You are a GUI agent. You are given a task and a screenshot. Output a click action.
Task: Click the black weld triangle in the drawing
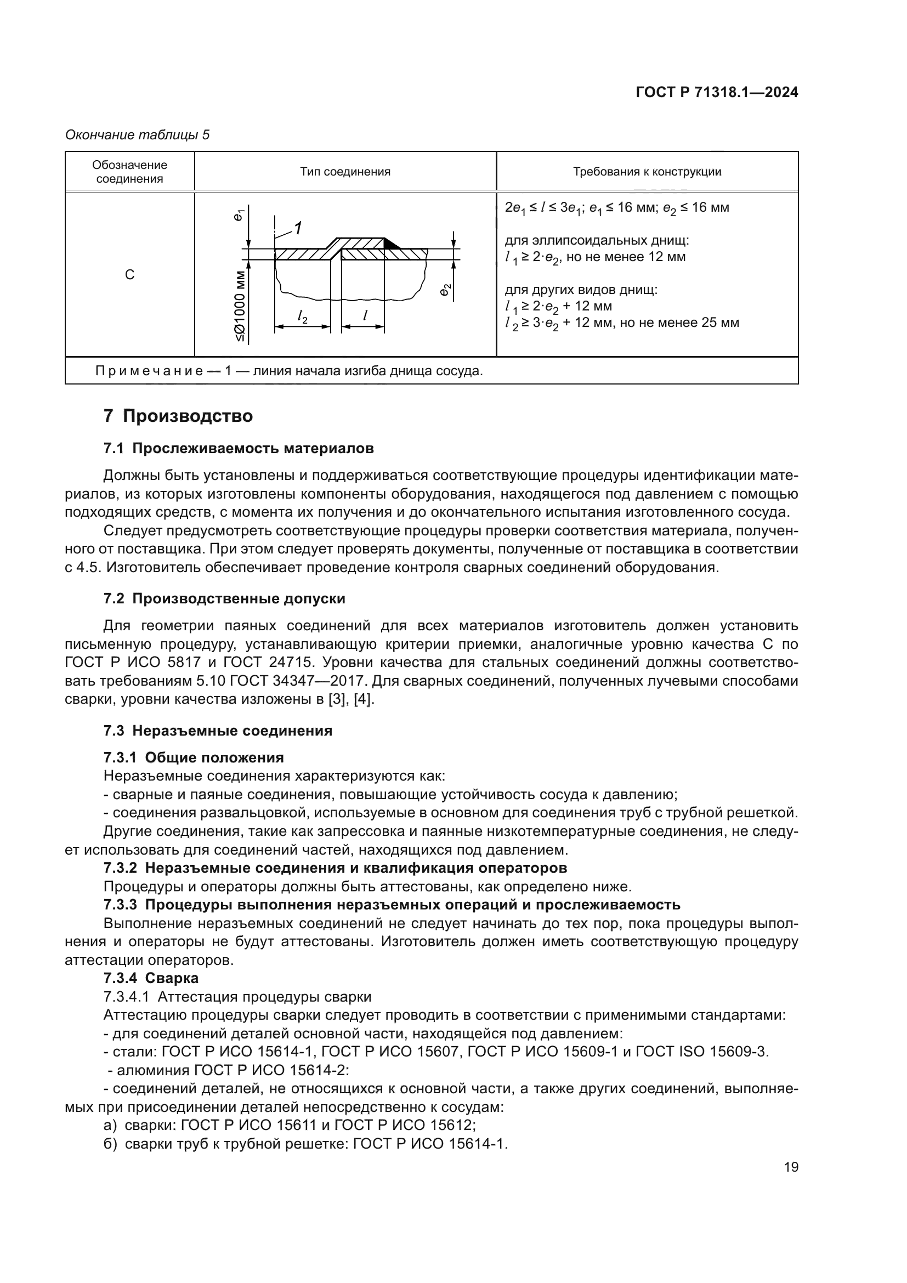pos(392,244)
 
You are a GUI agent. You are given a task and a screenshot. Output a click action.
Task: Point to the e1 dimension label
pos(239,214)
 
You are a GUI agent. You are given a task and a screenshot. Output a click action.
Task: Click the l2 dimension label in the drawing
pos(303,318)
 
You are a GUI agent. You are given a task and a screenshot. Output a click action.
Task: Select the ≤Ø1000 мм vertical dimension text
pos(240,306)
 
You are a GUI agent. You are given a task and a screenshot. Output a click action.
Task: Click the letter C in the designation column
pos(129,275)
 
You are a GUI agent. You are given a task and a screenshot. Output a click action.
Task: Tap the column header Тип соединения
pos(345,172)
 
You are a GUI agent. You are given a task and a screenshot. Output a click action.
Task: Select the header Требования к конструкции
pos(647,172)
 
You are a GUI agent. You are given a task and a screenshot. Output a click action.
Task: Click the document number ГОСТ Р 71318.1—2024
pos(717,93)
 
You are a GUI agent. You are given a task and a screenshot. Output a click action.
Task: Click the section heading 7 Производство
pos(178,416)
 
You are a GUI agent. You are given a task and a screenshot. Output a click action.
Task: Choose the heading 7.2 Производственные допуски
pos(224,598)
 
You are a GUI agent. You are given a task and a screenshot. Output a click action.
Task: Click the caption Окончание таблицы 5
pos(138,135)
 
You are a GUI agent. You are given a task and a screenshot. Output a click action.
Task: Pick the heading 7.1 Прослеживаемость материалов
pos(239,448)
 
